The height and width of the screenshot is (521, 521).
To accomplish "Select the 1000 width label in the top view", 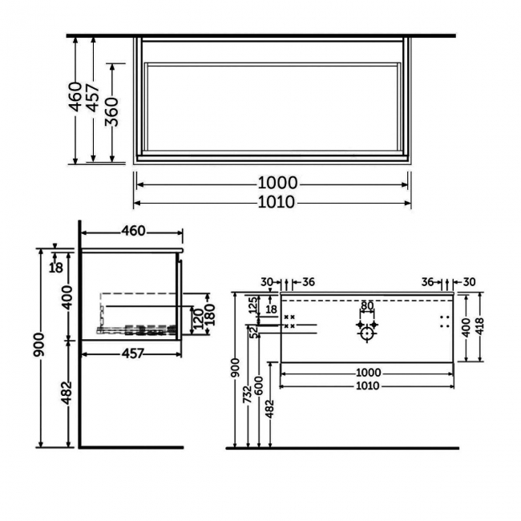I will click(x=273, y=184).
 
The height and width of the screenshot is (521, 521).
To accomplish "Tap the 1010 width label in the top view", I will click(x=273, y=202).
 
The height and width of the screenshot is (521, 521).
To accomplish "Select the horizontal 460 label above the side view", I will click(x=133, y=232).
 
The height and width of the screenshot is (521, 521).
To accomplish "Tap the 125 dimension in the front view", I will click(x=252, y=305).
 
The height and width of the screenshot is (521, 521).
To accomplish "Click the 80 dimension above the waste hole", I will click(x=366, y=305).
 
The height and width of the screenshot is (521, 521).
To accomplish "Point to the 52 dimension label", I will click(x=252, y=332).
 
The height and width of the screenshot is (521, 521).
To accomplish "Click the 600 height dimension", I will click(x=259, y=386).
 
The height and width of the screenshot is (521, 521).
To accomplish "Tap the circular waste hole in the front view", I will click(x=366, y=333).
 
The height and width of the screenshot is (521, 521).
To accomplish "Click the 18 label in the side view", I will click(x=55, y=267).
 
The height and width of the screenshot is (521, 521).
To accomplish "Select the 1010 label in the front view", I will click(x=366, y=386).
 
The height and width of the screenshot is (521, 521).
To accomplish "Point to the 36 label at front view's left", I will click(x=309, y=281).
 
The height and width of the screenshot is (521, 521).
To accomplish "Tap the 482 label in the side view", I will click(x=68, y=393).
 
